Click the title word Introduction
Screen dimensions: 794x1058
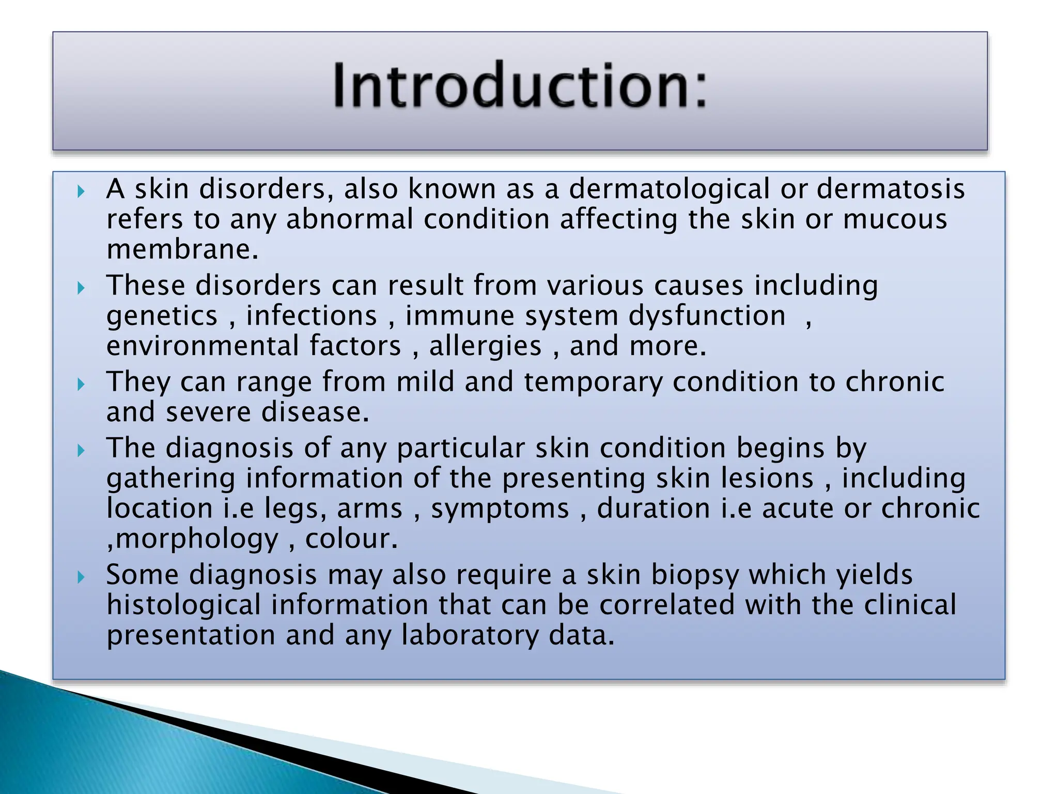519,85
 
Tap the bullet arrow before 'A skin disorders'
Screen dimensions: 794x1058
81,192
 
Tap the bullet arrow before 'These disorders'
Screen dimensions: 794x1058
81,288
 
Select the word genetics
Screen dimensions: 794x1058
162,316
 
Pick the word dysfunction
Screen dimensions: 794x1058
707,316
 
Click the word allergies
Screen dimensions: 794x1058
485,346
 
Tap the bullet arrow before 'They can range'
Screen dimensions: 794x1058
81,385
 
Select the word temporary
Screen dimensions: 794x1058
593,383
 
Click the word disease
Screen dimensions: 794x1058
315,413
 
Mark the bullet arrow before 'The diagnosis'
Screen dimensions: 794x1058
81,451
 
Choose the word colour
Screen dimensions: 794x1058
351,540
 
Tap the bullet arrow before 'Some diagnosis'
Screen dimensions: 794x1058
81,577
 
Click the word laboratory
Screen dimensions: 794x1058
470,636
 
